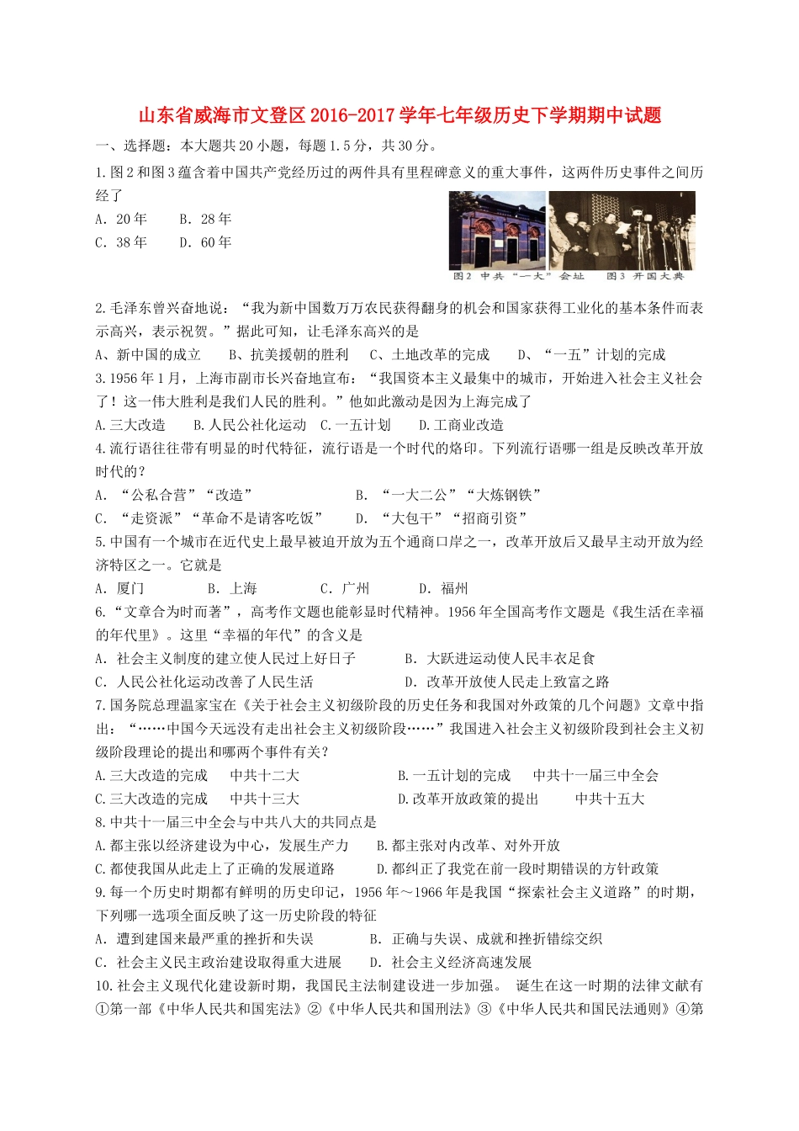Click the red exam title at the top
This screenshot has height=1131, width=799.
click(399, 115)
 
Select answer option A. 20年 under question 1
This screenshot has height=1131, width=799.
click(121, 220)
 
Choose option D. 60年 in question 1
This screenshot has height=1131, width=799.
click(205, 243)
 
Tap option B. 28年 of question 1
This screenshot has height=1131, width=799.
click(205, 220)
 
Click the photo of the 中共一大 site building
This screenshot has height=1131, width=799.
click(497, 231)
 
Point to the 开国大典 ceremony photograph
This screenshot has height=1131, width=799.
click(622, 231)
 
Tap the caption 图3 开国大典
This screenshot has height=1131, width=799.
click(645, 276)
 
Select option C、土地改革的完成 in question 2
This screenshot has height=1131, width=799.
click(430, 355)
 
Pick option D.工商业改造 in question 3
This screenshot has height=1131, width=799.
click(461, 426)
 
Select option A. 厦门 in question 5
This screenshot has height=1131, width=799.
click(120, 589)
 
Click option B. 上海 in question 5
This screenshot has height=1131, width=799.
click(232, 589)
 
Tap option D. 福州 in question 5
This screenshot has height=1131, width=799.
click(443, 589)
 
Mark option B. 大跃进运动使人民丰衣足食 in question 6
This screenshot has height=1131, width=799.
click(500, 659)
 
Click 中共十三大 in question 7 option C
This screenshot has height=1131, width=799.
click(264, 799)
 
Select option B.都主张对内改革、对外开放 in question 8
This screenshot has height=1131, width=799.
click(468, 846)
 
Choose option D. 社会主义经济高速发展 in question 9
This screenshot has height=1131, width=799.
click(451, 963)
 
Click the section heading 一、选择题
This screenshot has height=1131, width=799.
click(130, 146)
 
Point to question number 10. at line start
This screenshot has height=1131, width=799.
click(104, 986)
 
